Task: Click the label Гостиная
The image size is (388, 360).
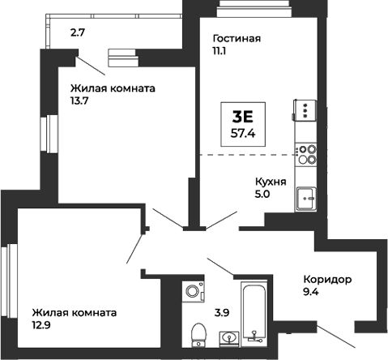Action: pyautogui.click(x=236, y=38)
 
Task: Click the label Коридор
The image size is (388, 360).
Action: pyautogui.click(x=327, y=280)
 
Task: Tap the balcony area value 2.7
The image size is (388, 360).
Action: pyautogui.click(x=77, y=33)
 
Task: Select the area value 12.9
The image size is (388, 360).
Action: pyautogui.click(x=44, y=326)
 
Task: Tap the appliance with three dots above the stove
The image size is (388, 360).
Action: pyautogui.click(x=305, y=111)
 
